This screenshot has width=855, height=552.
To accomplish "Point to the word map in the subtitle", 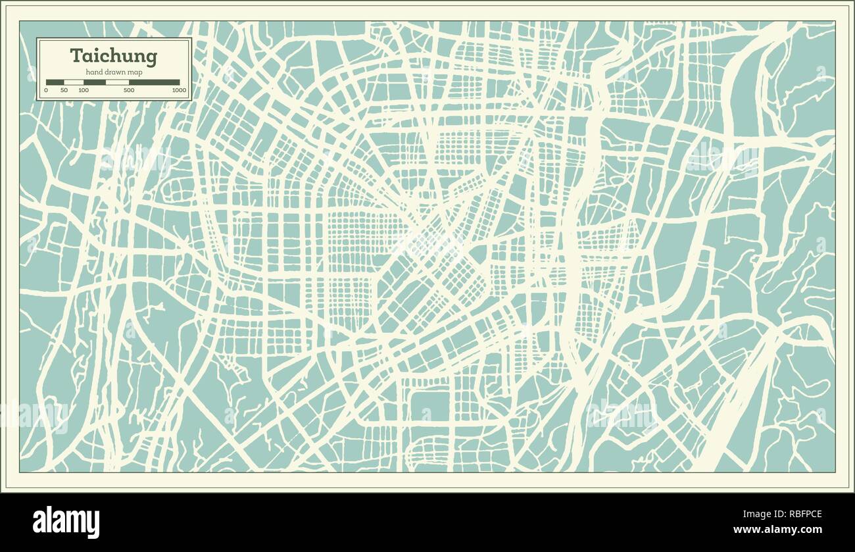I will [135, 72].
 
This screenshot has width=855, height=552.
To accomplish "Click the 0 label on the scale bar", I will [46, 90].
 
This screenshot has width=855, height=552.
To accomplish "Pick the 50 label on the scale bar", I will [64, 90].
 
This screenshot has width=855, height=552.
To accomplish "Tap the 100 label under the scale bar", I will [84, 90].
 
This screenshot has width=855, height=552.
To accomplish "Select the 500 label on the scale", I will [129, 90].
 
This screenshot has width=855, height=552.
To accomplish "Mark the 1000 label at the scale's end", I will [179, 90].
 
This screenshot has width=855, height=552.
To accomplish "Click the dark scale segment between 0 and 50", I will [55, 82].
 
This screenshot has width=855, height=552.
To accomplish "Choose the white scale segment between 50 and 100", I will [74, 82].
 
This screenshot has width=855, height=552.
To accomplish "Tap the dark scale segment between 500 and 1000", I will [155, 82].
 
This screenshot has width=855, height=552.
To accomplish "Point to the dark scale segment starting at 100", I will [95, 82].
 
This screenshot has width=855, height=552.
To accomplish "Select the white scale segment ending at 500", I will [117, 82].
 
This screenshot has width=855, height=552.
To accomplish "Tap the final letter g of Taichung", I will [152, 58].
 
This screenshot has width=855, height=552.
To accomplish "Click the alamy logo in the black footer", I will [66, 522].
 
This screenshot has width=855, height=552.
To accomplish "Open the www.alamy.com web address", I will [777, 530].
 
